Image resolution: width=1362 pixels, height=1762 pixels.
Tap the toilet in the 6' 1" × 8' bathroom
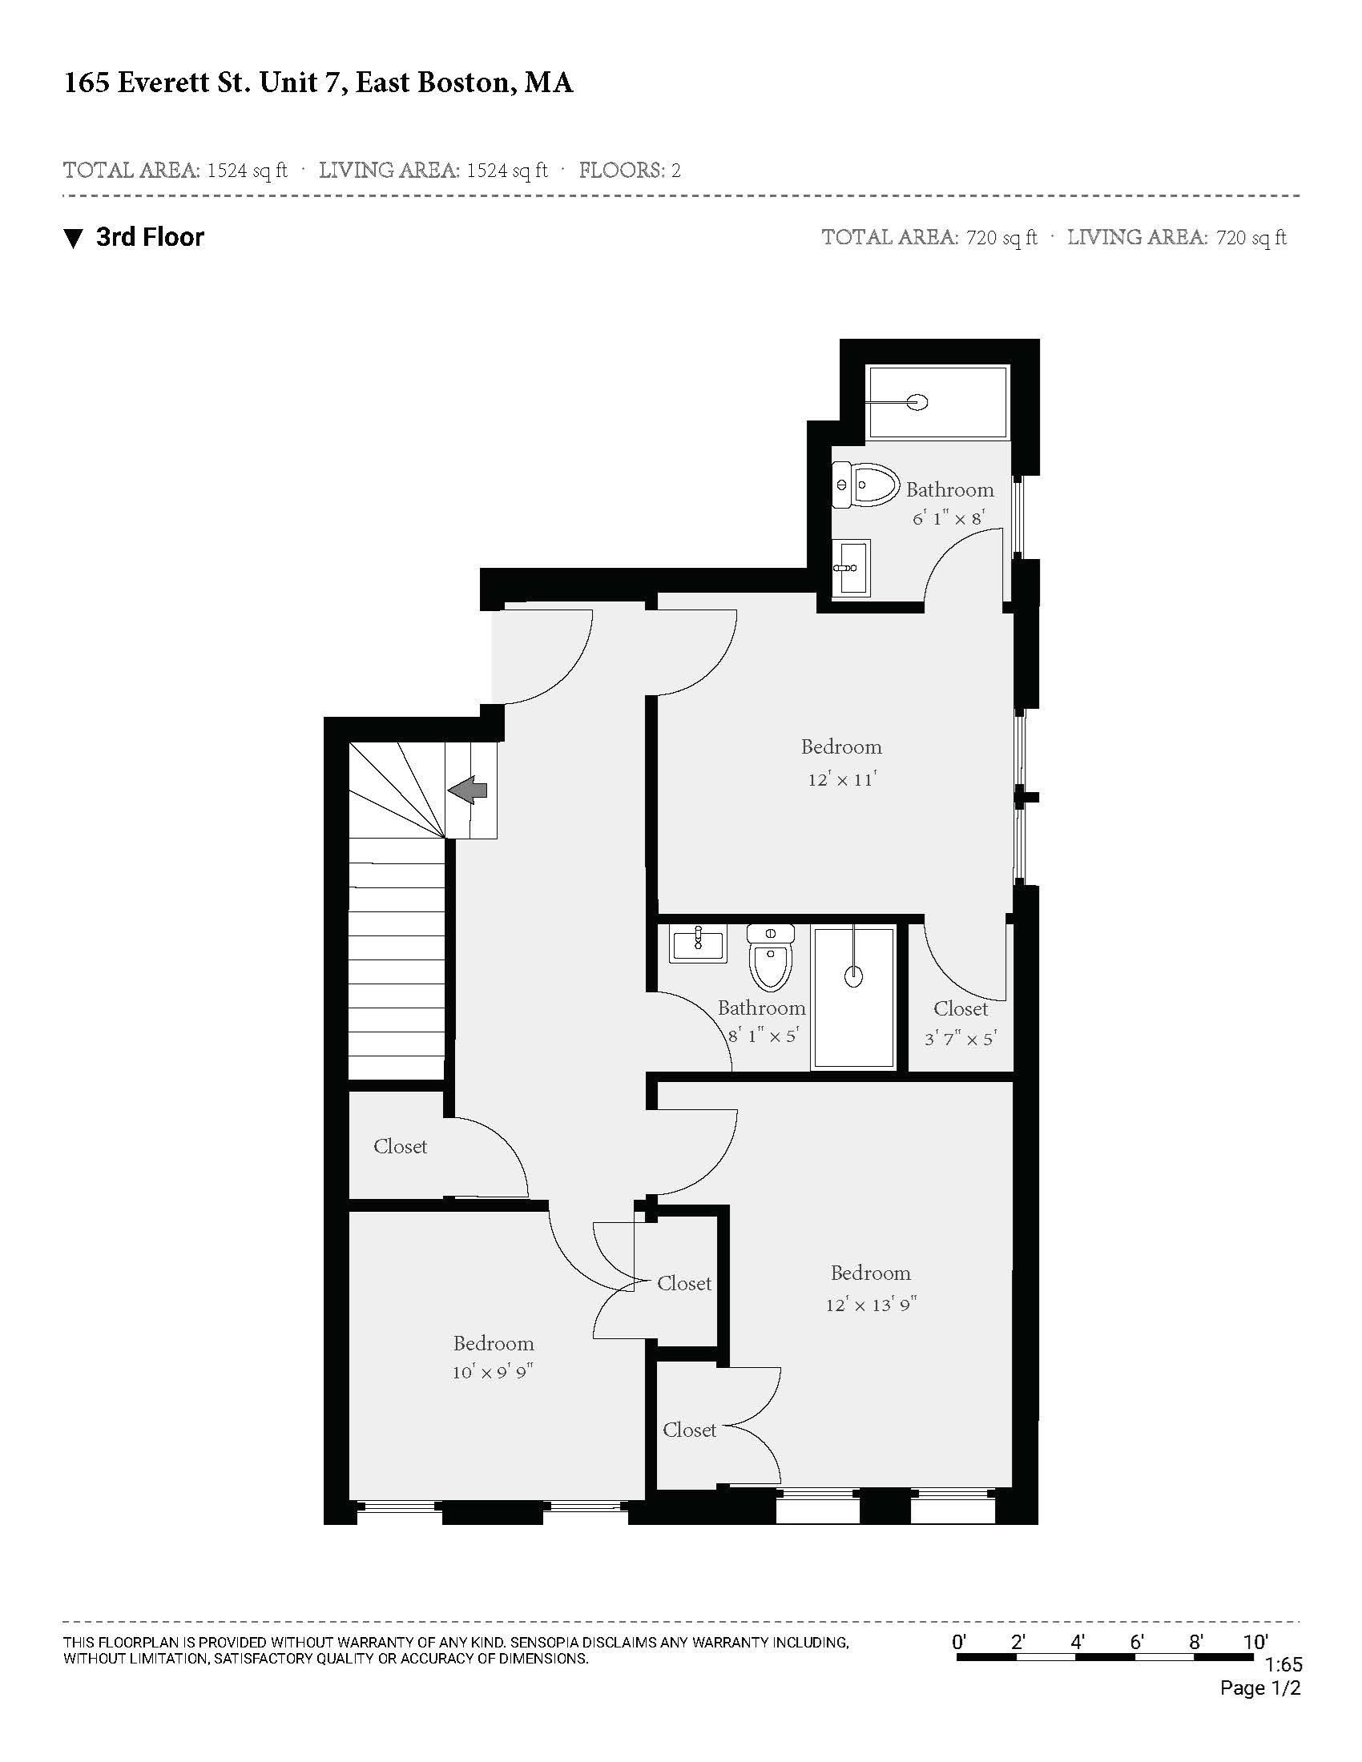pyautogui.click(x=865, y=485)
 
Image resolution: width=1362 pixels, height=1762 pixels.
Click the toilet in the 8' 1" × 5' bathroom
pyautogui.click(x=771, y=958)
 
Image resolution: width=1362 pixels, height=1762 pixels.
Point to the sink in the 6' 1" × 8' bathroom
pyautogui.click(x=850, y=567)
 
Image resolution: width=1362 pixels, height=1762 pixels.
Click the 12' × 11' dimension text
pyautogui.click(x=841, y=780)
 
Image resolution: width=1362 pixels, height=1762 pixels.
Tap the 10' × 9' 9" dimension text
pyautogui.click(x=493, y=1372)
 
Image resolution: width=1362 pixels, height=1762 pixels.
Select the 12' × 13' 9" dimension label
pyautogui.click(x=871, y=1305)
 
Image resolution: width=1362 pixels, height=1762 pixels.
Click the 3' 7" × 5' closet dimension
pyautogui.click(x=960, y=1039)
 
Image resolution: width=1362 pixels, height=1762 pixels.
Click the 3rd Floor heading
pyautogui.click(x=150, y=237)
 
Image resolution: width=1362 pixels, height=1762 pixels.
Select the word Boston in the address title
pyautogui.click(x=463, y=83)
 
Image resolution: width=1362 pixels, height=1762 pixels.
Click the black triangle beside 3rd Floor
pyautogui.click(x=74, y=239)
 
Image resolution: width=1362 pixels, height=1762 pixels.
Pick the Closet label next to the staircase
pyautogui.click(x=401, y=1146)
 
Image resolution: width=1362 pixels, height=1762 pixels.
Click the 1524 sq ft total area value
pyautogui.click(x=247, y=171)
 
